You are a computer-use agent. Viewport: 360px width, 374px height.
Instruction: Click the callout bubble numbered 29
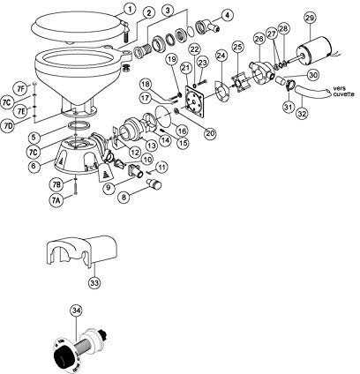point(310,19)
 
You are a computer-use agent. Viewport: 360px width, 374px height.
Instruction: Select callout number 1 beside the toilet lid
point(130,8)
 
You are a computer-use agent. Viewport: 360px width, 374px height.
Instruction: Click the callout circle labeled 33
point(94,284)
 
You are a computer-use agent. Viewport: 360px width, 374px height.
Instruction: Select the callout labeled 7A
point(56,200)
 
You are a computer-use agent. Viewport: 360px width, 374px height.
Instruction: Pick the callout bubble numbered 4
point(228,15)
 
